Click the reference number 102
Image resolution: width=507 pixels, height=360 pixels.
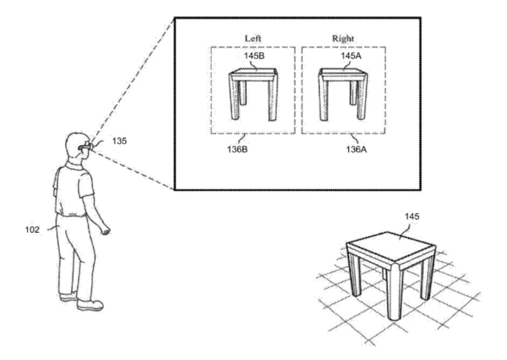click(x=32, y=229)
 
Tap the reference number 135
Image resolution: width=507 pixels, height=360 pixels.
click(x=119, y=141)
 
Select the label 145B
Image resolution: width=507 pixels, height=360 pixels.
click(x=254, y=56)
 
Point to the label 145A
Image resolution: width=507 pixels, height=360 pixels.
click(x=351, y=56)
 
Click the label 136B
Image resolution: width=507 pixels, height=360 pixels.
click(x=237, y=149)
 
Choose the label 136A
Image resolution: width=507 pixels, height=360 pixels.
click(x=356, y=149)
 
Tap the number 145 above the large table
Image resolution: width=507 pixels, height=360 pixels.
click(x=412, y=216)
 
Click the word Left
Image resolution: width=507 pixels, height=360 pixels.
click(x=253, y=38)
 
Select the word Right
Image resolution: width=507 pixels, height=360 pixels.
click(x=343, y=38)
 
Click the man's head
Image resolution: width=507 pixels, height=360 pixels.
click(x=76, y=145)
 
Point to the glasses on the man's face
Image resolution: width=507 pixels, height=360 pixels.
click(x=86, y=146)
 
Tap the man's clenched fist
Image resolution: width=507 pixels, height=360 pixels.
click(x=106, y=230)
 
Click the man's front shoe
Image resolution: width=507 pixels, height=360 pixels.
click(x=90, y=305)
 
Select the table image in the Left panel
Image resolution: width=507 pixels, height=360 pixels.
click(x=253, y=94)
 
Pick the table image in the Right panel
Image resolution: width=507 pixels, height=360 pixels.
click(x=343, y=94)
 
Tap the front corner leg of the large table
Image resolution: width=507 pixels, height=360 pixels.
click(x=395, y=291)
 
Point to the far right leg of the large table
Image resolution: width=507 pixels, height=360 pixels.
click(x=427, y=275)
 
